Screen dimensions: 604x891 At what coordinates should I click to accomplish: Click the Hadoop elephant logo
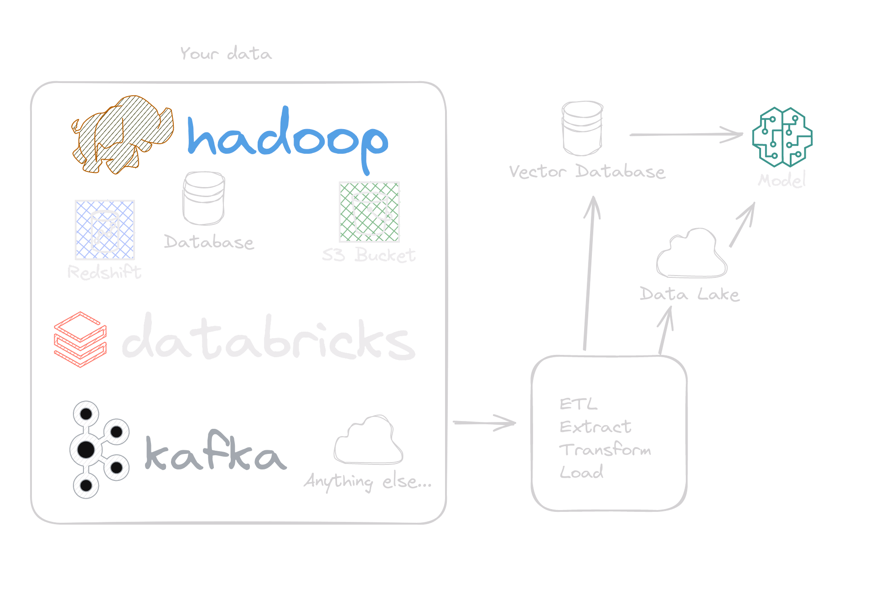122,134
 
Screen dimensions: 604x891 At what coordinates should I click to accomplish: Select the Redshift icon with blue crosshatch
105,230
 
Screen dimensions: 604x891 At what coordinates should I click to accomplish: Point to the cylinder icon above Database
203,198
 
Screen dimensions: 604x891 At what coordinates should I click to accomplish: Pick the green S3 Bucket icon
369,212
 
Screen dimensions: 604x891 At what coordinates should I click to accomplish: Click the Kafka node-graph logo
98,449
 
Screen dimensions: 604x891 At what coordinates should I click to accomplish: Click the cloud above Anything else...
368,440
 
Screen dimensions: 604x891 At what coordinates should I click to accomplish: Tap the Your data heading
226,54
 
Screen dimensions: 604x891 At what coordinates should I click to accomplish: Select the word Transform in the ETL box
605,450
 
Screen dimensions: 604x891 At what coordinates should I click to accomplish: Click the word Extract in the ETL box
595,427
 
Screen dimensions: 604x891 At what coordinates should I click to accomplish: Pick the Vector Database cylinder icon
582,128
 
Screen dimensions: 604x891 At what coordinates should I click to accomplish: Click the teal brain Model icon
782,137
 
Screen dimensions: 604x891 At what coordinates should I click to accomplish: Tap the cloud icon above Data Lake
691,254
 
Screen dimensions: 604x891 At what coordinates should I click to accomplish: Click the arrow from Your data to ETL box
484,423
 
